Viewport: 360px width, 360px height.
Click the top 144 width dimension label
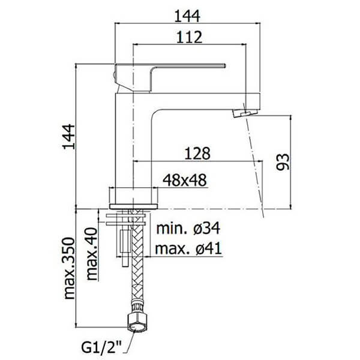pyautogui.click(x=187, y=16)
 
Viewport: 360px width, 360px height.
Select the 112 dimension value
pyautogui.click(x=189, y=37)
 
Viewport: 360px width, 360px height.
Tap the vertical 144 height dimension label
pyautogui.click(x=69, y=137)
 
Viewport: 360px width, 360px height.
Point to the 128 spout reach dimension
pyautogui.click(x=197, y=153)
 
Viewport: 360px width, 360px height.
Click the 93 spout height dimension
pyautogui.click(x=283, y=162)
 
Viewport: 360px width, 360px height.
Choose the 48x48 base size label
pyautogui.click(x=185, y=180)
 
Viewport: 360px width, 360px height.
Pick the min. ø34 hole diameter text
pyautogui.click(x=188, y=229)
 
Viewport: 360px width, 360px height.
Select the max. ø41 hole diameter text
pyautogui.click(x=188, y=248)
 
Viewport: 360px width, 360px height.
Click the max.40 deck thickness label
pyautogui.click(x=92, y=253)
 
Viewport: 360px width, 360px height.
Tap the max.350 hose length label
pyautogui.click(x=70, y=268)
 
